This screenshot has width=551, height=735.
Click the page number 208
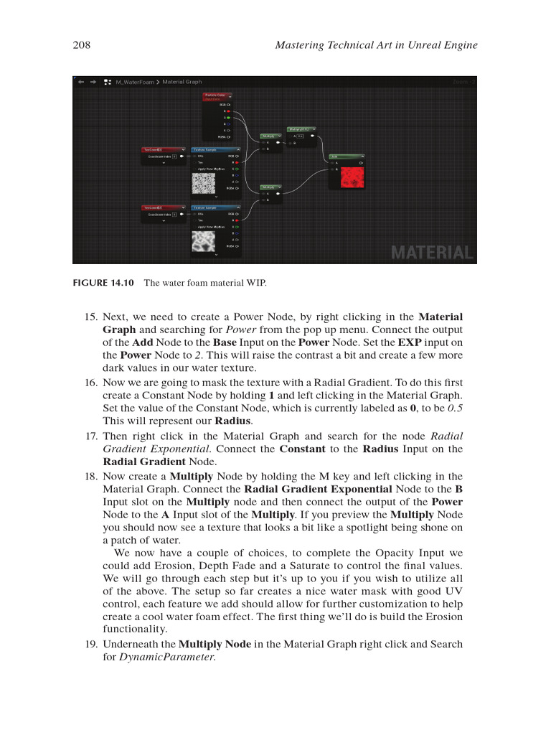tap(81, 45)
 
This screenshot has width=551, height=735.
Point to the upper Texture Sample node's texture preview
tap(203, 183)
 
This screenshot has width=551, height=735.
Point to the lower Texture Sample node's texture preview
tap(203, 240)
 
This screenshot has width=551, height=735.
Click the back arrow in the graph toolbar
tap(80, 82)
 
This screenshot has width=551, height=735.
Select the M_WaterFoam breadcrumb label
tap(135, 82)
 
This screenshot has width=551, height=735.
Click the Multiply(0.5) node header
tap(301, 128)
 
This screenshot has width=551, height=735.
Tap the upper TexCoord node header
tap(164, 149)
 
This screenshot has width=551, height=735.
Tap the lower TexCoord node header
tap(164, 207)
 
